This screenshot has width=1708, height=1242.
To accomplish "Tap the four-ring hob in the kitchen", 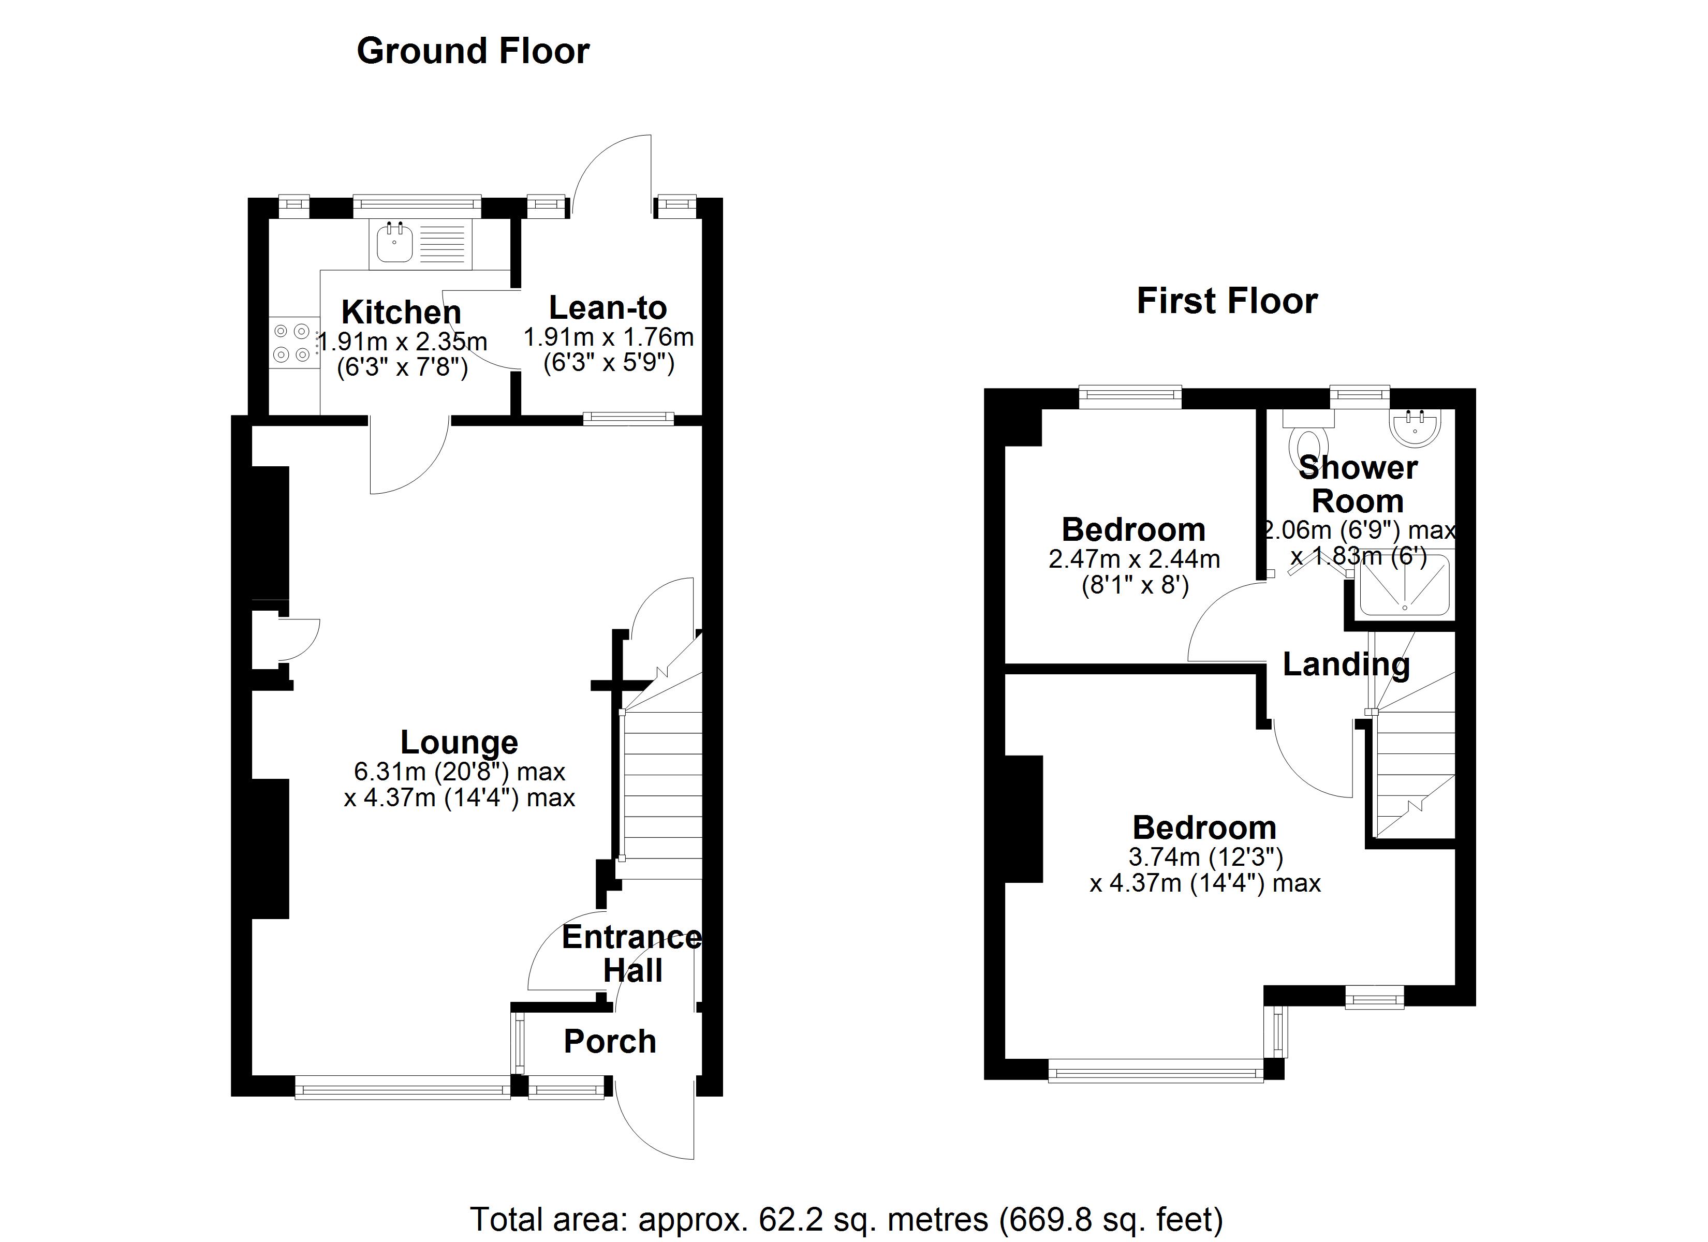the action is pos(292,342).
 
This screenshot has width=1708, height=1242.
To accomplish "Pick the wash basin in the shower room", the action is pos(1415,428).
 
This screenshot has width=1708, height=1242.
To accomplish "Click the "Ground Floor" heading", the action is pos(473,51).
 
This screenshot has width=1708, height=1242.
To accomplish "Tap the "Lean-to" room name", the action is pos(608,307).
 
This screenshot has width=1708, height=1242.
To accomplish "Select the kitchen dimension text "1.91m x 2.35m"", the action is pos(403,342).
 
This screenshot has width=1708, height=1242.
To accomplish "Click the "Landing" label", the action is pos(1346,664).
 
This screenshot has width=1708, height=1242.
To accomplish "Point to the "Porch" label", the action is pos(610,1042).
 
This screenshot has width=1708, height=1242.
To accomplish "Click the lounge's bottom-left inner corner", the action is pos(252,1075).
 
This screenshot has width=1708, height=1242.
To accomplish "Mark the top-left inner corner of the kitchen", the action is pos(270,218).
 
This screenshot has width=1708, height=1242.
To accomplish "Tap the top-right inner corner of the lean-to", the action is pos(702,218).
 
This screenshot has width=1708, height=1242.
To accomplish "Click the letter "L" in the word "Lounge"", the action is pos(409,743).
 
